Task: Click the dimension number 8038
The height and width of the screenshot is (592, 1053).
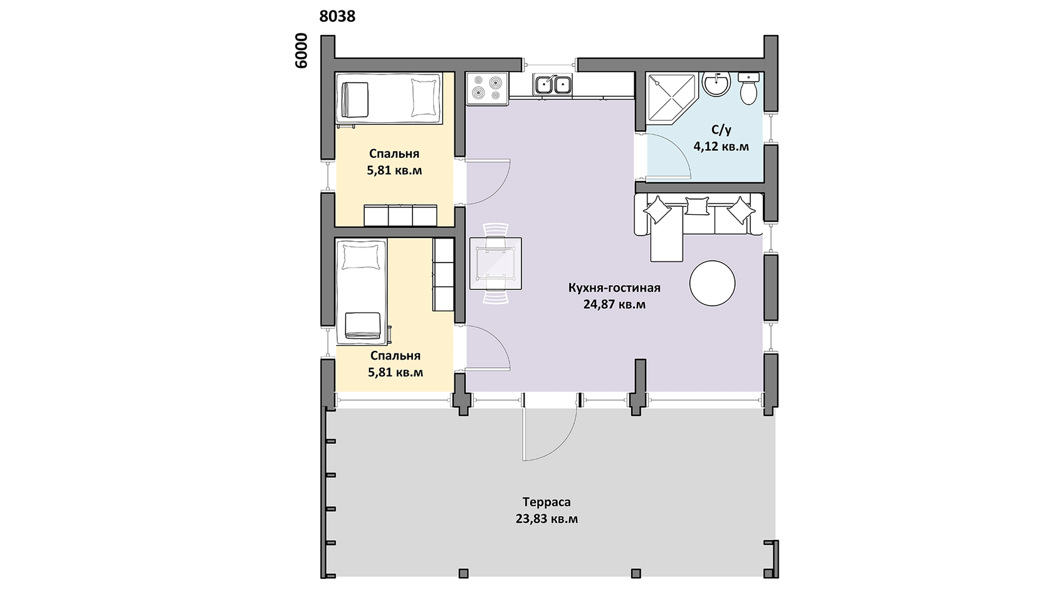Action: pos(337,16)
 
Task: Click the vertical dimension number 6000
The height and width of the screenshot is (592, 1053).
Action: pos(301,51)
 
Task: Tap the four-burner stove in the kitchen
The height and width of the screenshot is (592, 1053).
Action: pos(488,88)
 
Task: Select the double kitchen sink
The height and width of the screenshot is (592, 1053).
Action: pos(552,85)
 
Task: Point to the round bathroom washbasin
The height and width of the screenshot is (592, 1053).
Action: pos(716,85)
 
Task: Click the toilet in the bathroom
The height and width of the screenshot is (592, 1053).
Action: pos(748,88)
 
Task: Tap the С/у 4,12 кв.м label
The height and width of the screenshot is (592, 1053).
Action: pos(721,138)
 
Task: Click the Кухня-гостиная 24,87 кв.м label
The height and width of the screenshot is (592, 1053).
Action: pos(614,296)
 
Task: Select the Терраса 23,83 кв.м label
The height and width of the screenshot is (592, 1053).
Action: pos(547,510)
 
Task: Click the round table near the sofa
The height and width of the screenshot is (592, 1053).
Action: pos(712,283)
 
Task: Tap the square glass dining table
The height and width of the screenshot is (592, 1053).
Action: pos(495,263)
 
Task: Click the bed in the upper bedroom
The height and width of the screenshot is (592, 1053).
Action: pos(389,99)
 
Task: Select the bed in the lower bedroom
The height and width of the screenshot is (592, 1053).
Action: pos(362,291)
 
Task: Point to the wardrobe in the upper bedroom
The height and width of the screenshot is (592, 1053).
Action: pos(401,216)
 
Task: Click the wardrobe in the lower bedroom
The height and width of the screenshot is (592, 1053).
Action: pos(443,274)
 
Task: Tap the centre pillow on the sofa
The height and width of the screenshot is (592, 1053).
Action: pos(697,205)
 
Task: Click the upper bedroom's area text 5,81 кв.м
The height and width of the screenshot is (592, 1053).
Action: pos(394,170)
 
